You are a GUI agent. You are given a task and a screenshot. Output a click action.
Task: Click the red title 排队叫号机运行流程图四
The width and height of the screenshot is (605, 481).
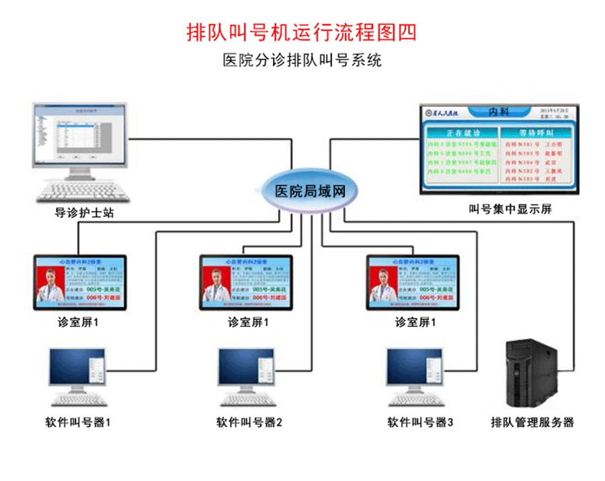pos(302,32)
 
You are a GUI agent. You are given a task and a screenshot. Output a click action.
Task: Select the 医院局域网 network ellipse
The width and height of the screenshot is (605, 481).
pos(311,190)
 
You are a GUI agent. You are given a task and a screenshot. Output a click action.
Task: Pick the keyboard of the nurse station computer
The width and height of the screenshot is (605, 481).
pos(75,191)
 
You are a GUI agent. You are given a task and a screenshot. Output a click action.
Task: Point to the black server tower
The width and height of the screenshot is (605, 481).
pos(532,375)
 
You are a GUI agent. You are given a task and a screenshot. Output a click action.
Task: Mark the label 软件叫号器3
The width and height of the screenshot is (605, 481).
pos(420,422)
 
